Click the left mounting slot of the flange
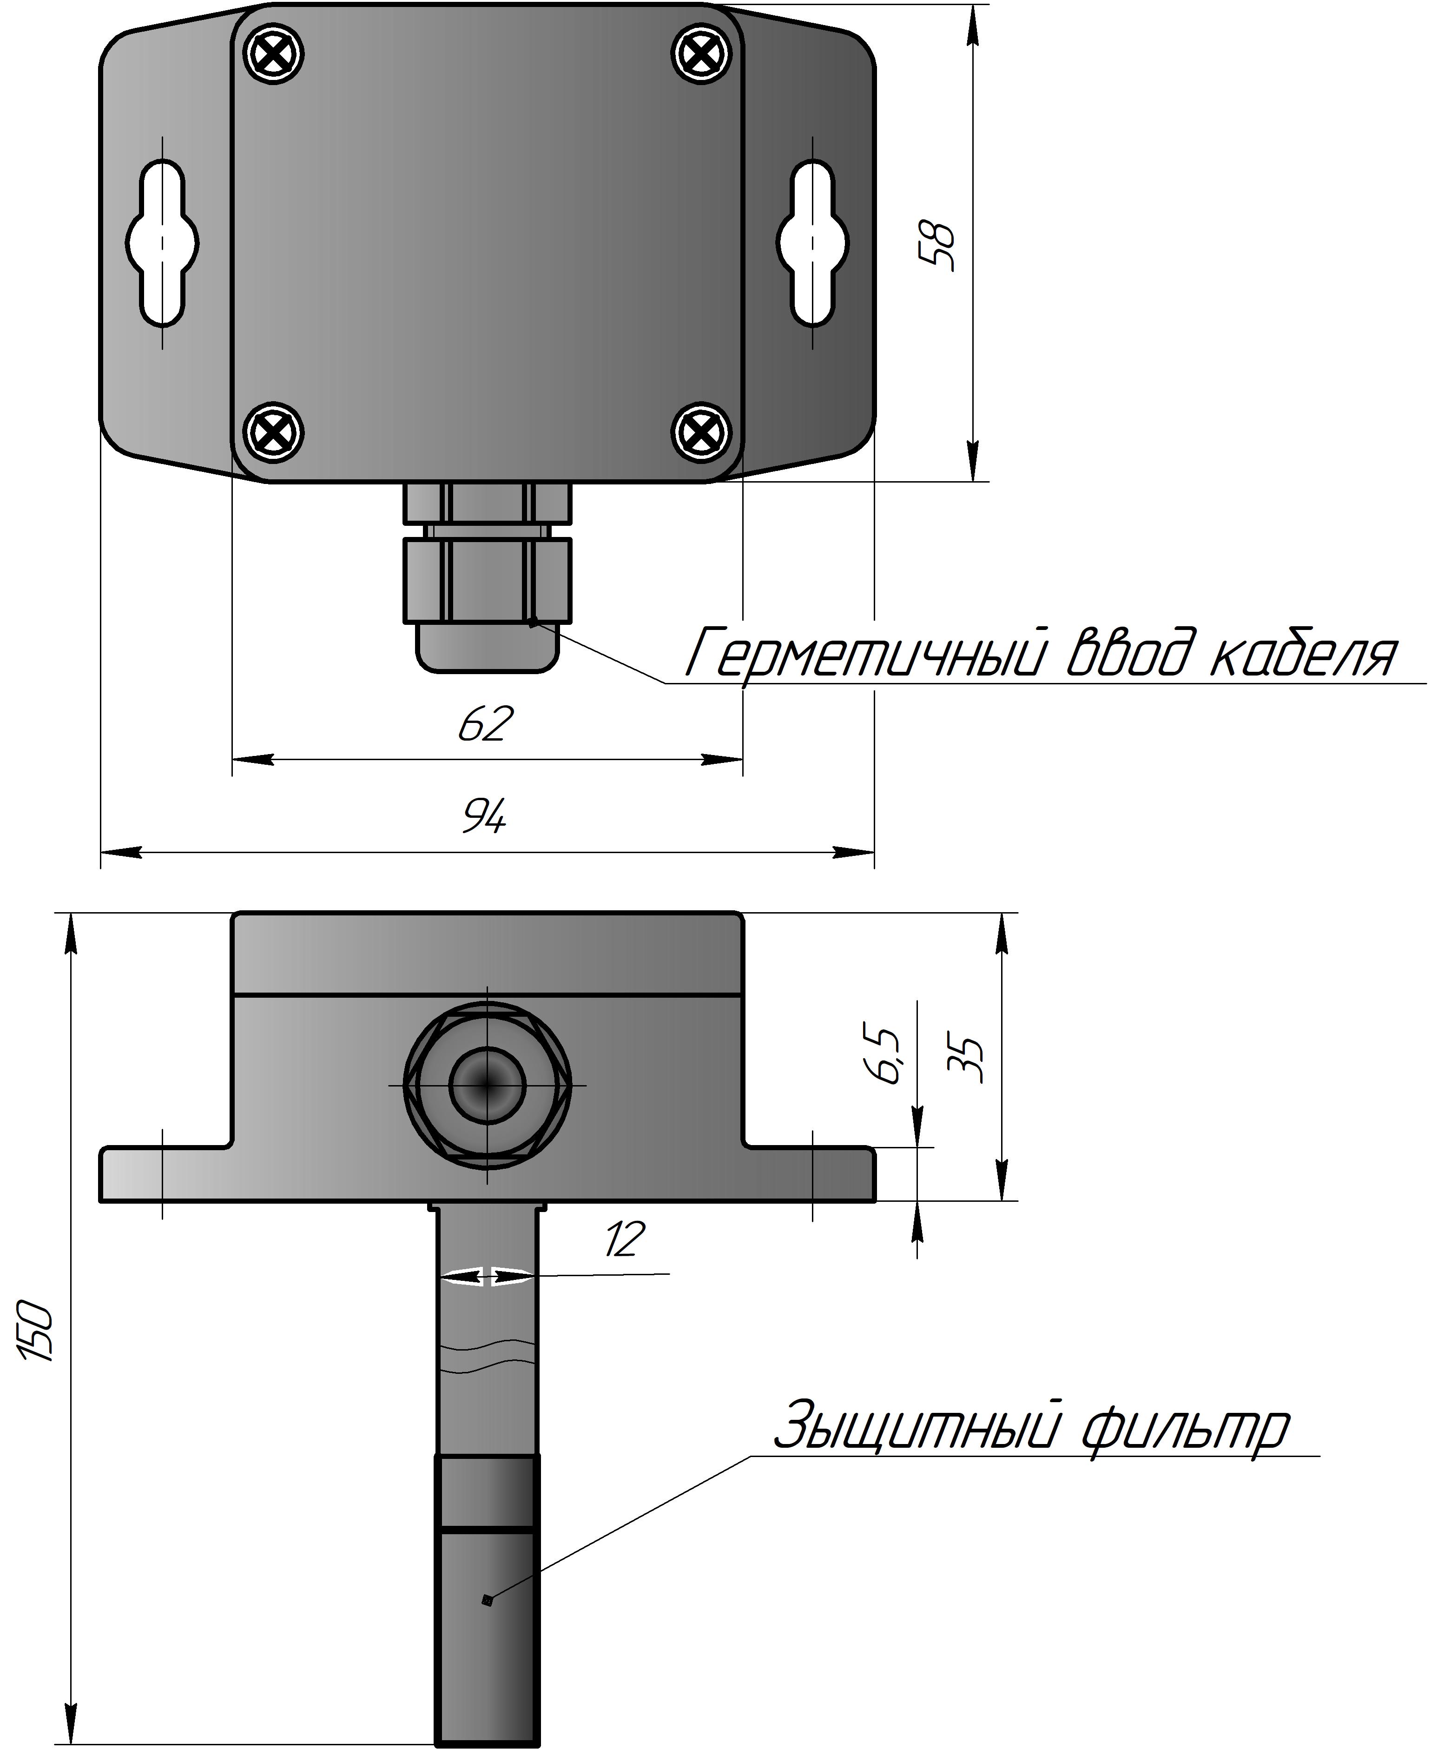pos(162,242)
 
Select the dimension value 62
pos(486,724)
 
